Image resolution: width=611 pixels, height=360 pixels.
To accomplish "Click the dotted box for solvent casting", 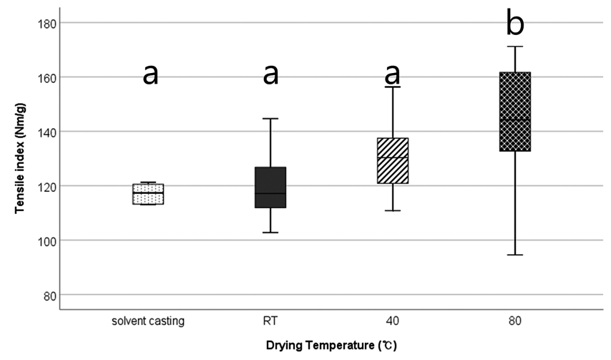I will (148, 193).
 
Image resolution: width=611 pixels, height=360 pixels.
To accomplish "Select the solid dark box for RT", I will (270, 188).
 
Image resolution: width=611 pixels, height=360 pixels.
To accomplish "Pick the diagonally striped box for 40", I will (393, 160).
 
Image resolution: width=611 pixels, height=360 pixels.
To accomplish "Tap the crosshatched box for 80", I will (514, 112).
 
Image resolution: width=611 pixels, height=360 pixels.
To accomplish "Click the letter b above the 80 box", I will (515, 24).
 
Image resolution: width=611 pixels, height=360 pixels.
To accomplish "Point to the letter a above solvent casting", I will (150, 73).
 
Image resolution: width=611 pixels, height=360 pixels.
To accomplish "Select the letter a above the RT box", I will (270, 73).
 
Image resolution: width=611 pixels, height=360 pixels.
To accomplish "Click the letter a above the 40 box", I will (393, 73).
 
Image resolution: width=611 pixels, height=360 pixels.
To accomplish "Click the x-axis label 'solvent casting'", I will (148, 321).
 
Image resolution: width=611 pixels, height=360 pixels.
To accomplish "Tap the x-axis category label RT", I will (270, 321).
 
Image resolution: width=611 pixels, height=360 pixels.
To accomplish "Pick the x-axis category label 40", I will (393, 321).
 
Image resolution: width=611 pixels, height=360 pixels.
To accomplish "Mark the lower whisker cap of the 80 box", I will (514, 255).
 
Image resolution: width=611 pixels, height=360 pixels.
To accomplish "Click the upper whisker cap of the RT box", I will (270, 118).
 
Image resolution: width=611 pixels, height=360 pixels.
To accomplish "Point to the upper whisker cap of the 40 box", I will (393, 87).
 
